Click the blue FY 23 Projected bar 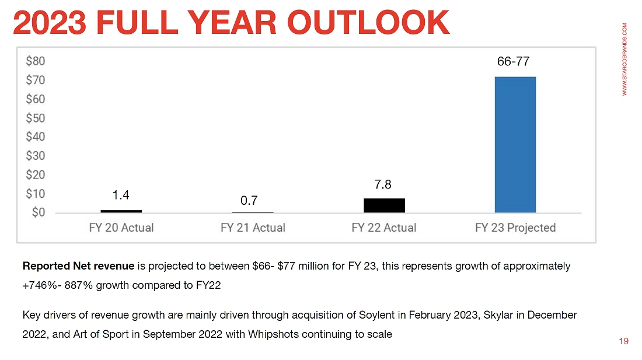[515, 145]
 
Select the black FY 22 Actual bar [383, 205]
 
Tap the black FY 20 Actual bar [121, 211]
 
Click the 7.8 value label [383, 185]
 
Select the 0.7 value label [249, 201]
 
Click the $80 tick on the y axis [35, 61]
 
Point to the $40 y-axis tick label [35, 137]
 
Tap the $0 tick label [38, 212]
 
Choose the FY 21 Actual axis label [252, 228]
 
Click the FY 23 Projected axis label [515, 228]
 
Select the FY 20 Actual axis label [121, 228]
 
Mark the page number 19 [624, 341]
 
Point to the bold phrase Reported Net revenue [79, 267]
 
